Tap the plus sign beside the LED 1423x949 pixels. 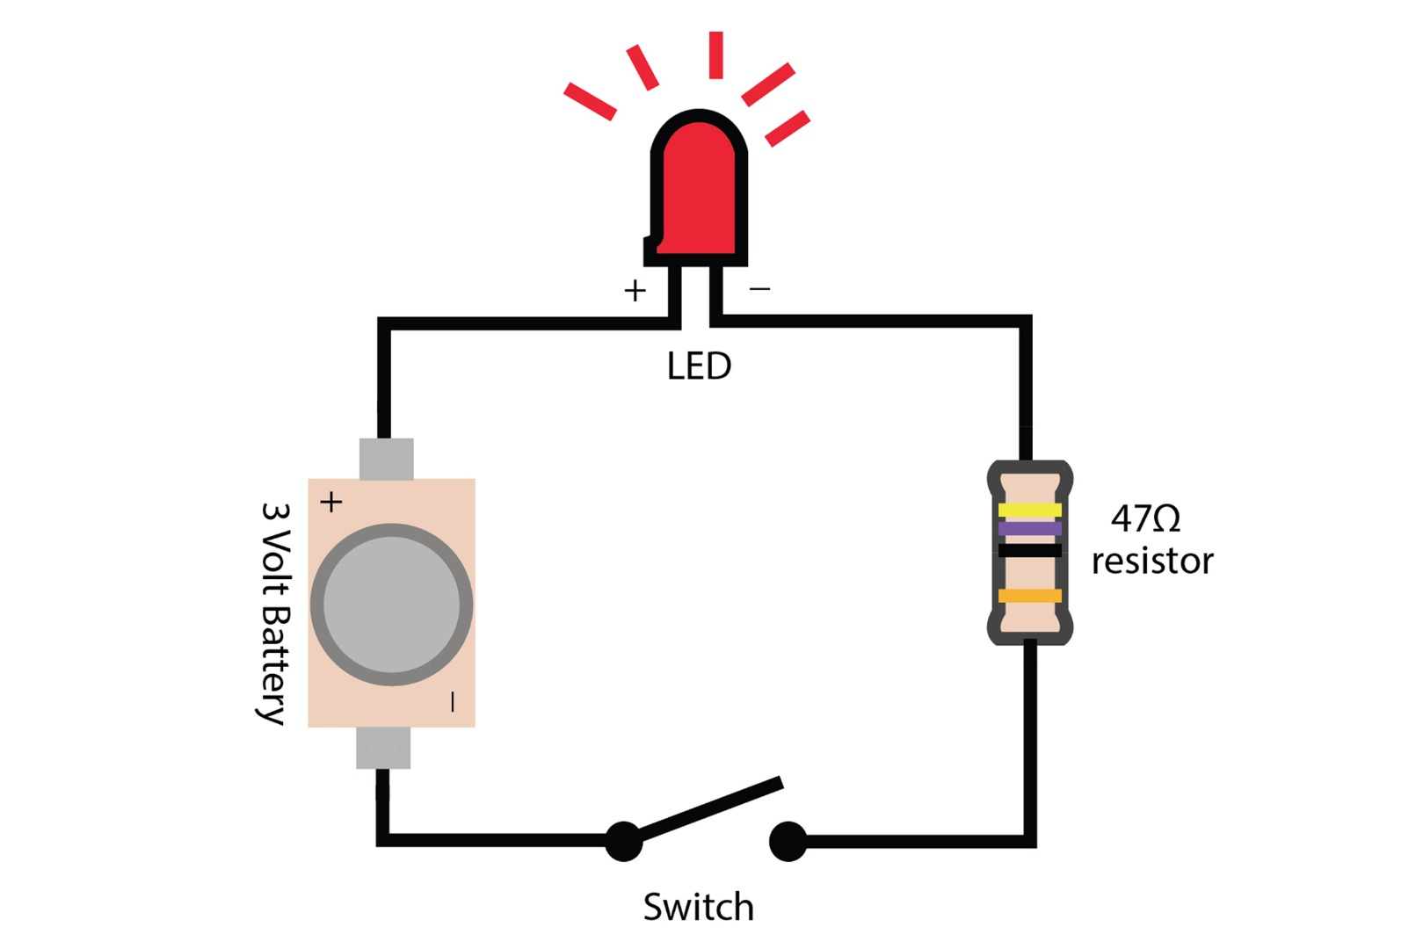pyautogui.click(x=635, y=291)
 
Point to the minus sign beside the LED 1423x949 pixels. pyautogui.click(x=760, y=288)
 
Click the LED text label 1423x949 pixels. pyautogui.click(x=699, y=366)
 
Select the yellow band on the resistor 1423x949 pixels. pyautogui.click(x=1029, y=510)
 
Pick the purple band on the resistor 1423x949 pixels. pyautogui.click(x=1029, y=528)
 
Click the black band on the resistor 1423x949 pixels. pyautogui.click(x=1029, y=551)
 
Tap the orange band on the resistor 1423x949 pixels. pyautogui.click(x=1029, y=596)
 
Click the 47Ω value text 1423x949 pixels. pyautogui.click(x=1145, y=518)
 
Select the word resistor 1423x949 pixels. pyautogui.click(x=1152, y=561)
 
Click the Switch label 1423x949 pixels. pyautogui.click(x=699, y=907)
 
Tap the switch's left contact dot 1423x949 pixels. pyautogui.click(x=624, y=841)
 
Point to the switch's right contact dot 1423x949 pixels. pyautogui.click(x=788, y=841)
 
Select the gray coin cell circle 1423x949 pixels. pyautogui.click(x=391, y=605)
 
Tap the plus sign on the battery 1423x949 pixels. pyautogui.click(x=331, y=502)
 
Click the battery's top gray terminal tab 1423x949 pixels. pyautogui.click(x=386, y=459)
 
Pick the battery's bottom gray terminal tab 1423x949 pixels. pyautogui.click(x=383, y=748)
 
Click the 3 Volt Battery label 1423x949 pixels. pyautogui.click(x=275, y=612)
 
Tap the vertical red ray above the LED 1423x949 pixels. pyautogui.click(x=716, y=55)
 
